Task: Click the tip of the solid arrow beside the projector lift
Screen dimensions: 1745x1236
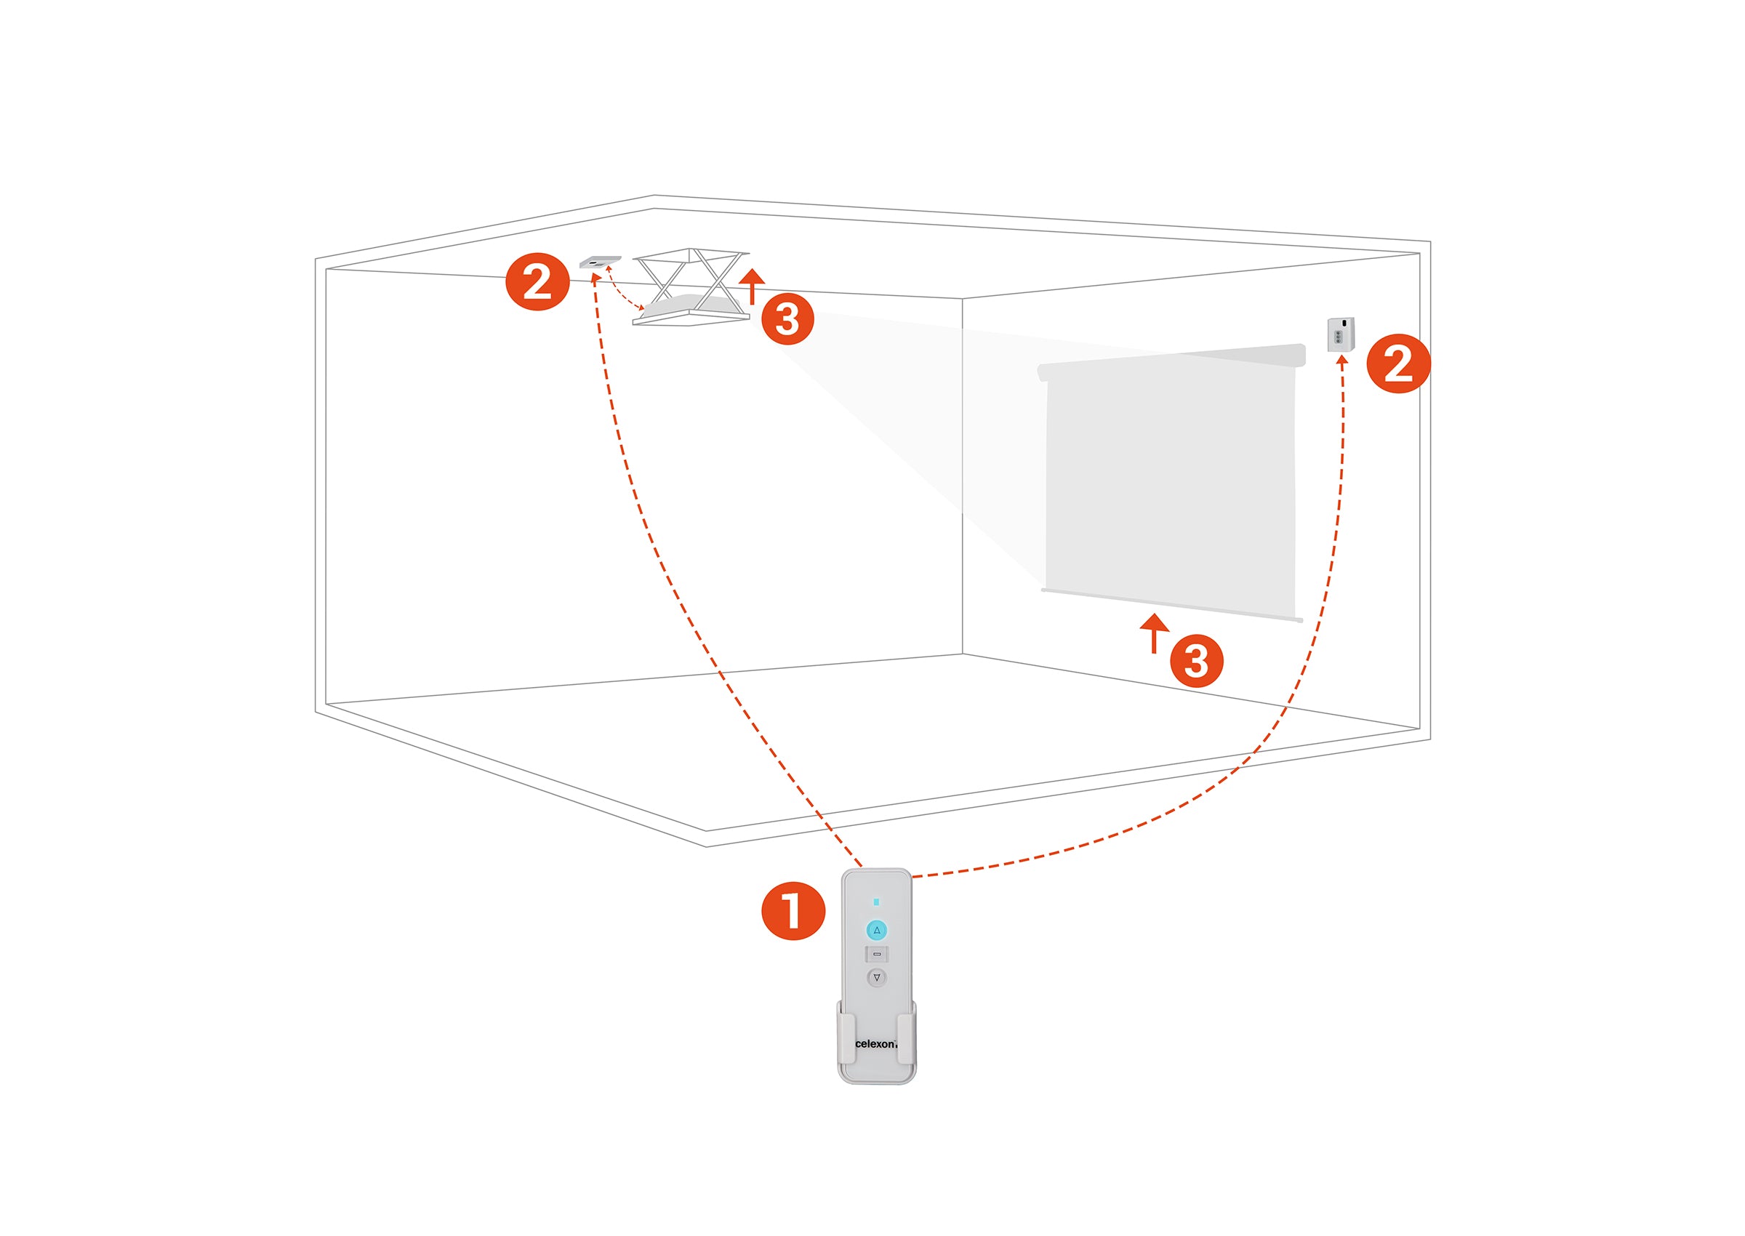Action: [752, 269]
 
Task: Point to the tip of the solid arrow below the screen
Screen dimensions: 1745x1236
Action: [1155, 614]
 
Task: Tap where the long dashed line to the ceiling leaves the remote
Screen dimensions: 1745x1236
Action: [862, 867]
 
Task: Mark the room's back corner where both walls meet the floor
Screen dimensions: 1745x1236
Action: [963, 654]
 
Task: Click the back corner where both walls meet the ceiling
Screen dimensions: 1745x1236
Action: [963, 299]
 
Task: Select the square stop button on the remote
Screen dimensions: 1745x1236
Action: [877, 954]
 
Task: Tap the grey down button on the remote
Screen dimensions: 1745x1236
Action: [877, 977]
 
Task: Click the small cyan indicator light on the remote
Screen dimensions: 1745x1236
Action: [877, 902]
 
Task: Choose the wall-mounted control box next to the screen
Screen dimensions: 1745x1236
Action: [1341, 334]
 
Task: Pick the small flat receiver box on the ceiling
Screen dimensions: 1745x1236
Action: [601, 262]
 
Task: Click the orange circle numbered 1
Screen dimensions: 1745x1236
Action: [793, 911]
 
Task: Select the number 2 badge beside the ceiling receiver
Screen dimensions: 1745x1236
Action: [537, 281]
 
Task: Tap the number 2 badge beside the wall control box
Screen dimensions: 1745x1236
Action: [1399, 363]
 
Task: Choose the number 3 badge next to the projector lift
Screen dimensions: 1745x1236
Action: [787, 319]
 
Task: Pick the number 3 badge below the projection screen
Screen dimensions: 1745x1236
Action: [1196, 661]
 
